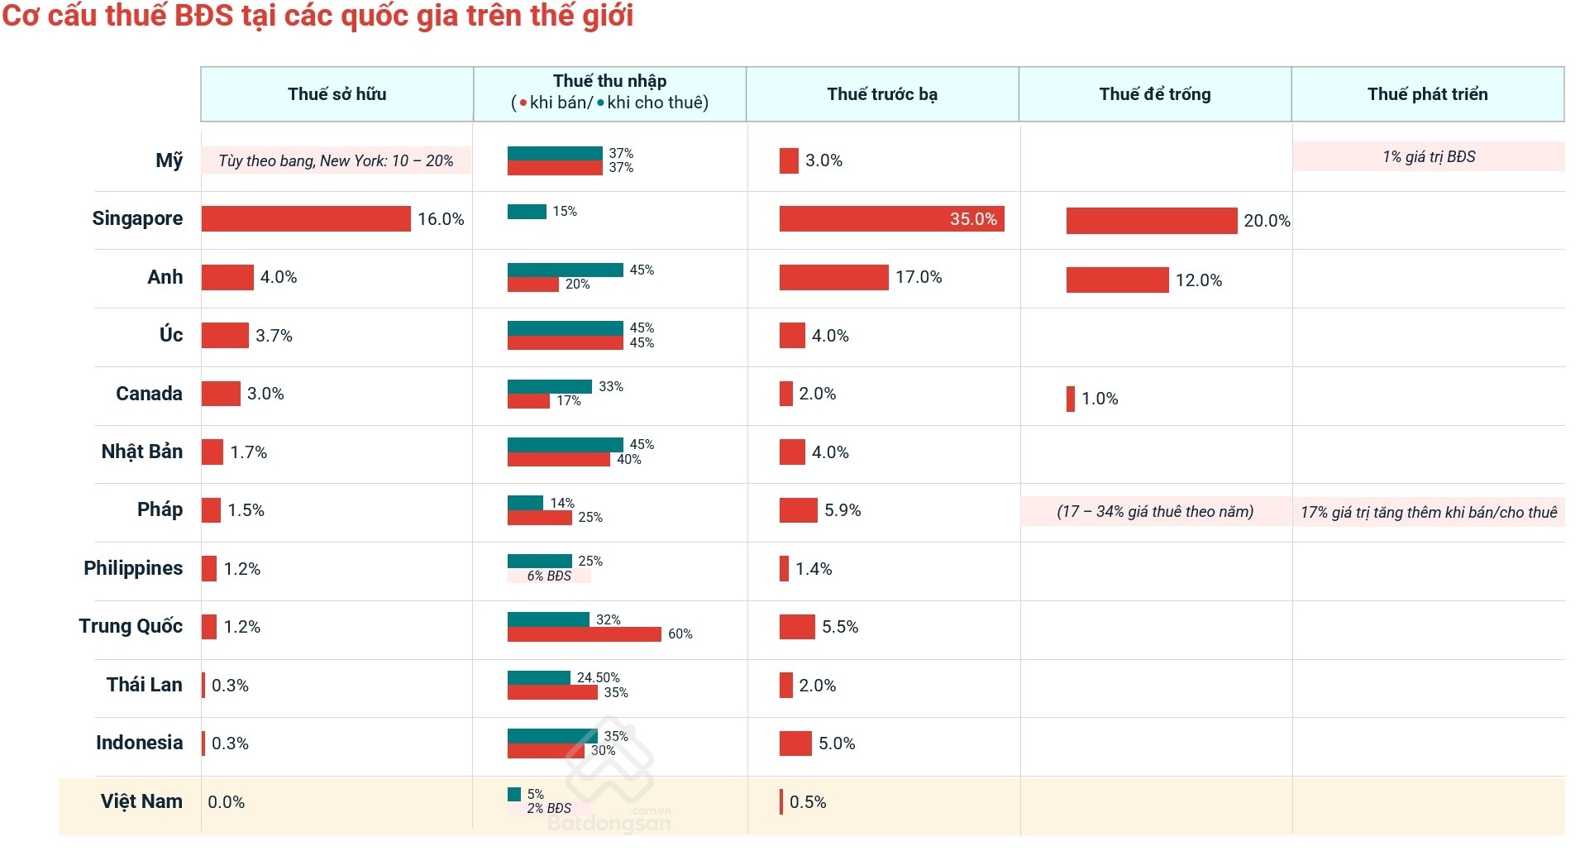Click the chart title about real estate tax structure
[x=317, y=17]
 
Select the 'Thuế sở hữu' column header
[x=337, y=94]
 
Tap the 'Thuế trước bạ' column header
[x=882, y=94]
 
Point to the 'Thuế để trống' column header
[x=1155, y=94]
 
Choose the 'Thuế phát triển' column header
[x=1427, y=94]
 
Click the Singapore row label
[x=137, y=218]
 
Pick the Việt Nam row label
[x=141, y=801]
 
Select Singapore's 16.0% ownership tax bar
[x=306, y=218]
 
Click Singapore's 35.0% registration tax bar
[x=891, y=218]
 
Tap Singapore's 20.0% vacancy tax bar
[x=1151, y=221]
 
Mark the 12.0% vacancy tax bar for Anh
[x=1117, y=280]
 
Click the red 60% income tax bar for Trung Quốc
[x=584, y=634]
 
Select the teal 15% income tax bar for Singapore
[x=527, y=212]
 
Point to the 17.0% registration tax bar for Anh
[x=833, y=277]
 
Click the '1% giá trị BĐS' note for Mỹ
[x=1428, y=157]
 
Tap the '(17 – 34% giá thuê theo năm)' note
[x=1155, y=512]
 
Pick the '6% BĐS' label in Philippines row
[x=549, y=576]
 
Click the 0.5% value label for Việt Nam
[x=808, y=802]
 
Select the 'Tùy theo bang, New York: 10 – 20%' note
[x=336, y=160]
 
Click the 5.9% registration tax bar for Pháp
[x=798, y=510]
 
